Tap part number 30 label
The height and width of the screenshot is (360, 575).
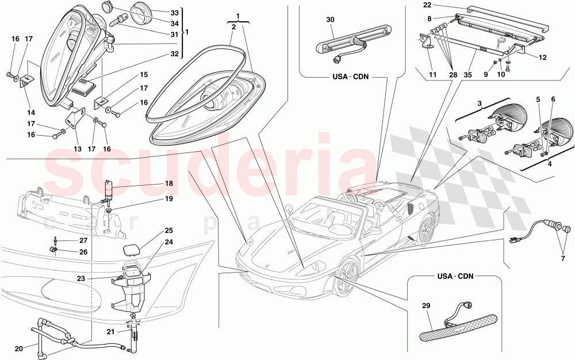pyautogui.click(x=330, y=20)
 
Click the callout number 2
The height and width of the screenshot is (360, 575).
pyautogui.click(x=233, y=27)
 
